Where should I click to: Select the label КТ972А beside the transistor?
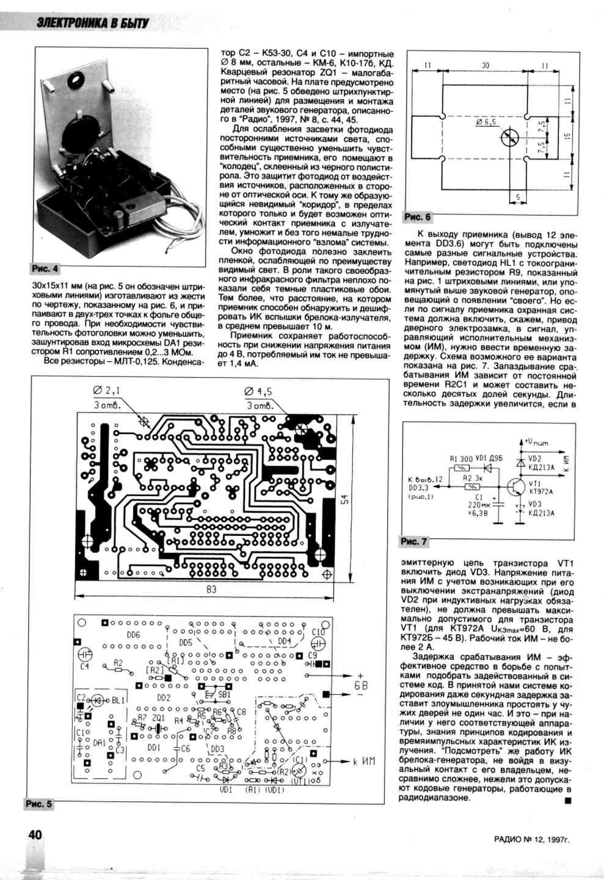tap(541, 491)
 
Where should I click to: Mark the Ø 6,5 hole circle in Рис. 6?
tap(508, 139)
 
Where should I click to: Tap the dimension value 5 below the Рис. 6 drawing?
tap(517, 197)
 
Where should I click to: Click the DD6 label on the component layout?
tap(134, 635)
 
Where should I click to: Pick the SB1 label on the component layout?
tap(224, 695)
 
